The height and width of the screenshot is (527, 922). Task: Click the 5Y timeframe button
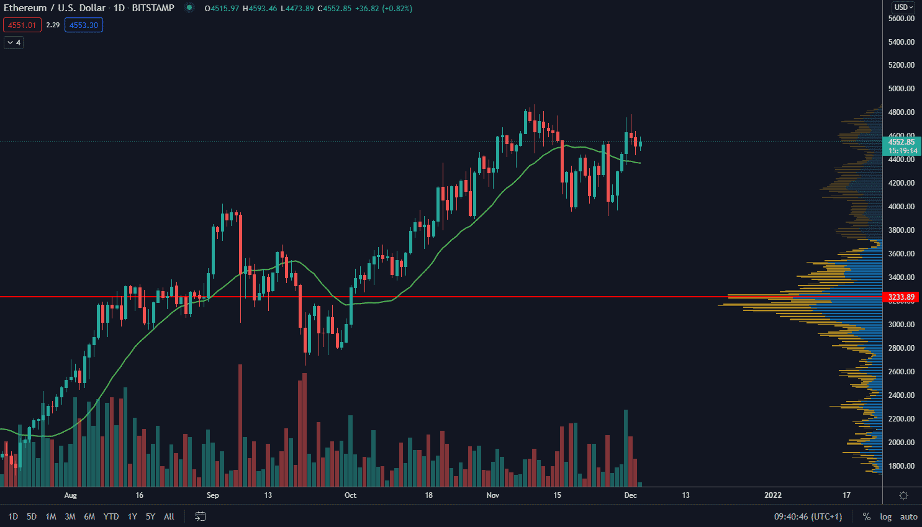(x=150, y=516)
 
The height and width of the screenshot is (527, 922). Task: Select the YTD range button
(x=111, y=516)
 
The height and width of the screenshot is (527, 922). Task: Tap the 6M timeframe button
(x=89, y=516)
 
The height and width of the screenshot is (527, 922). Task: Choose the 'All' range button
(x=169, y=516)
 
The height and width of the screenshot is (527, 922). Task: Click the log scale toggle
(x=885, y=516)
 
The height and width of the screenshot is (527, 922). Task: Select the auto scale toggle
(x=908, y=516)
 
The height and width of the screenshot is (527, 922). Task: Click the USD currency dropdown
(x=903, y=7)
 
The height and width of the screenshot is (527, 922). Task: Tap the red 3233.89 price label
(x=902, y=297)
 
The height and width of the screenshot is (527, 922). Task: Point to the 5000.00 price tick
(x=902, y=89)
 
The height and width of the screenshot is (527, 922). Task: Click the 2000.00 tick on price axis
(x=902, y=443)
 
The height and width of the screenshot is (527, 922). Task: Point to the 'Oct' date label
(x=350, y=495)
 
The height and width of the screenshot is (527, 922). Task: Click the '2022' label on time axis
(x=773, y=495)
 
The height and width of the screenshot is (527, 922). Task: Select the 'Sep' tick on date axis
(x=213, y=495)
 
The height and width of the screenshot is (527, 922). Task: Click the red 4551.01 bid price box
(x=22, y=25)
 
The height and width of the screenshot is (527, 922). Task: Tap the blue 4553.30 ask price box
(x=84, y=25)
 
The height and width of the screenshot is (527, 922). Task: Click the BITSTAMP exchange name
(x=153, y=8)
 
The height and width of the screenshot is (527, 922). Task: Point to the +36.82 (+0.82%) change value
(x=383, y=9)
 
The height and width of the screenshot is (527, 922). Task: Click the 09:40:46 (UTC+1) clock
(x=808, y=516)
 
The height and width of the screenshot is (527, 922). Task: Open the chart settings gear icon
(x=903, y=495)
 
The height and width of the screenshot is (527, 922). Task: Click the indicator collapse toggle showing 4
(x=14, y=43)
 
